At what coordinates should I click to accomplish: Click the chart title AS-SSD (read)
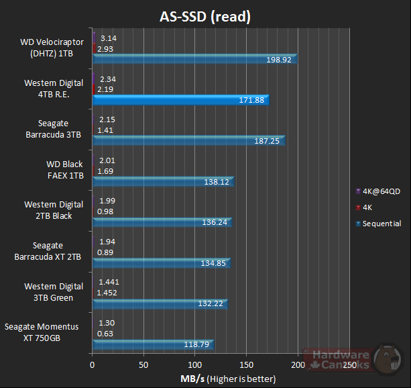[x=205, y=16]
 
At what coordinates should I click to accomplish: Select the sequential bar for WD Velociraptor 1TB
[x=194, y=60]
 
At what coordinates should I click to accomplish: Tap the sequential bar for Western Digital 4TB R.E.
[x=180, y=101]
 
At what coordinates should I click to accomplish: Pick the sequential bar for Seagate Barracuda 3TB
[x=188, y=141]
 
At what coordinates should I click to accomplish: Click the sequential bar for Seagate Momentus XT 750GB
[x=153, y=344]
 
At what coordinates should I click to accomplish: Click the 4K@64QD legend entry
[x=379, y=191]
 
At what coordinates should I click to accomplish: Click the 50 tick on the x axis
[x=143, y=366]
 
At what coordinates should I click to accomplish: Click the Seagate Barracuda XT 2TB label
[x=52, y=251]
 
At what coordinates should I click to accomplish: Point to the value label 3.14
[x=108, y=38]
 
